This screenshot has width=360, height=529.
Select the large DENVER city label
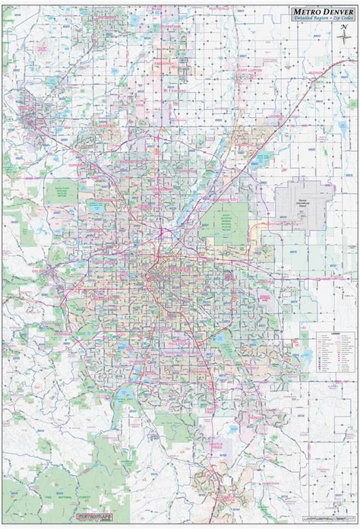(x=179, y=249)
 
